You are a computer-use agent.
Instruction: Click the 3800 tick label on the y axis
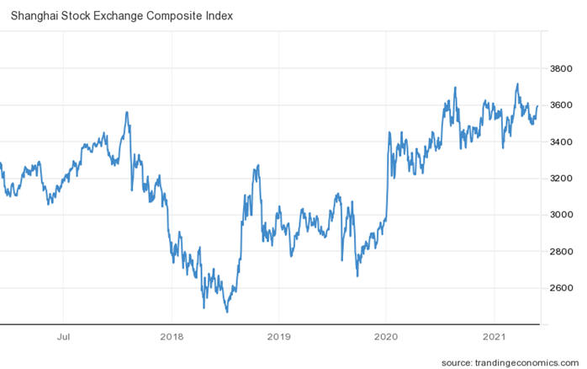pos(561,69)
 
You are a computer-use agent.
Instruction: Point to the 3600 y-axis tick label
pos(561,105)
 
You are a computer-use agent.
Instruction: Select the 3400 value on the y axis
pos(561,142)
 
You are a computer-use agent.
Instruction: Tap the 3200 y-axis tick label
pos(561,179)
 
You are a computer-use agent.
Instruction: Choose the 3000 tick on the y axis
pos(561,215)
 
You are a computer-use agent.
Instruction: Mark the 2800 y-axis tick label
pos(561,251)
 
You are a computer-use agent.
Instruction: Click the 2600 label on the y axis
pos(561,288)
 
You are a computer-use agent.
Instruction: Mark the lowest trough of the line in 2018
pos(227,313)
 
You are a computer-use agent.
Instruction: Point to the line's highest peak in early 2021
pos(517,83)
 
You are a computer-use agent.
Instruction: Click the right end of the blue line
pos(537,105)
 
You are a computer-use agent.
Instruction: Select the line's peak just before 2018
pos(127,112)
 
